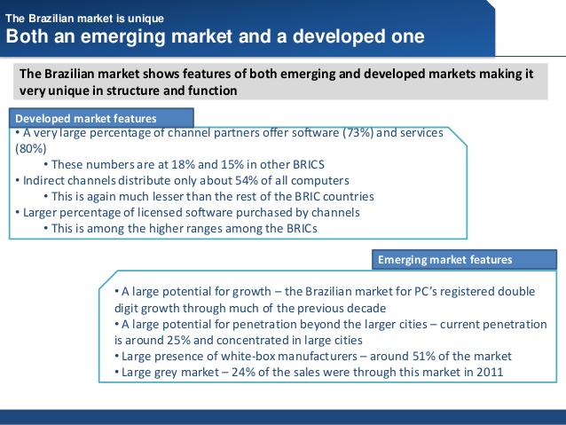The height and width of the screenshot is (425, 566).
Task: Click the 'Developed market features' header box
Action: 101,118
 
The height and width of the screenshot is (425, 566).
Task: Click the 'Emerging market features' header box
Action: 464,259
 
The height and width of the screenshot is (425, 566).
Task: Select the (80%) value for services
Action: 31,148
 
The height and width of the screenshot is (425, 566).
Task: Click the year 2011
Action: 490,373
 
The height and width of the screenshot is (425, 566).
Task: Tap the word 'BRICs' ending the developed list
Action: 302,229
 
